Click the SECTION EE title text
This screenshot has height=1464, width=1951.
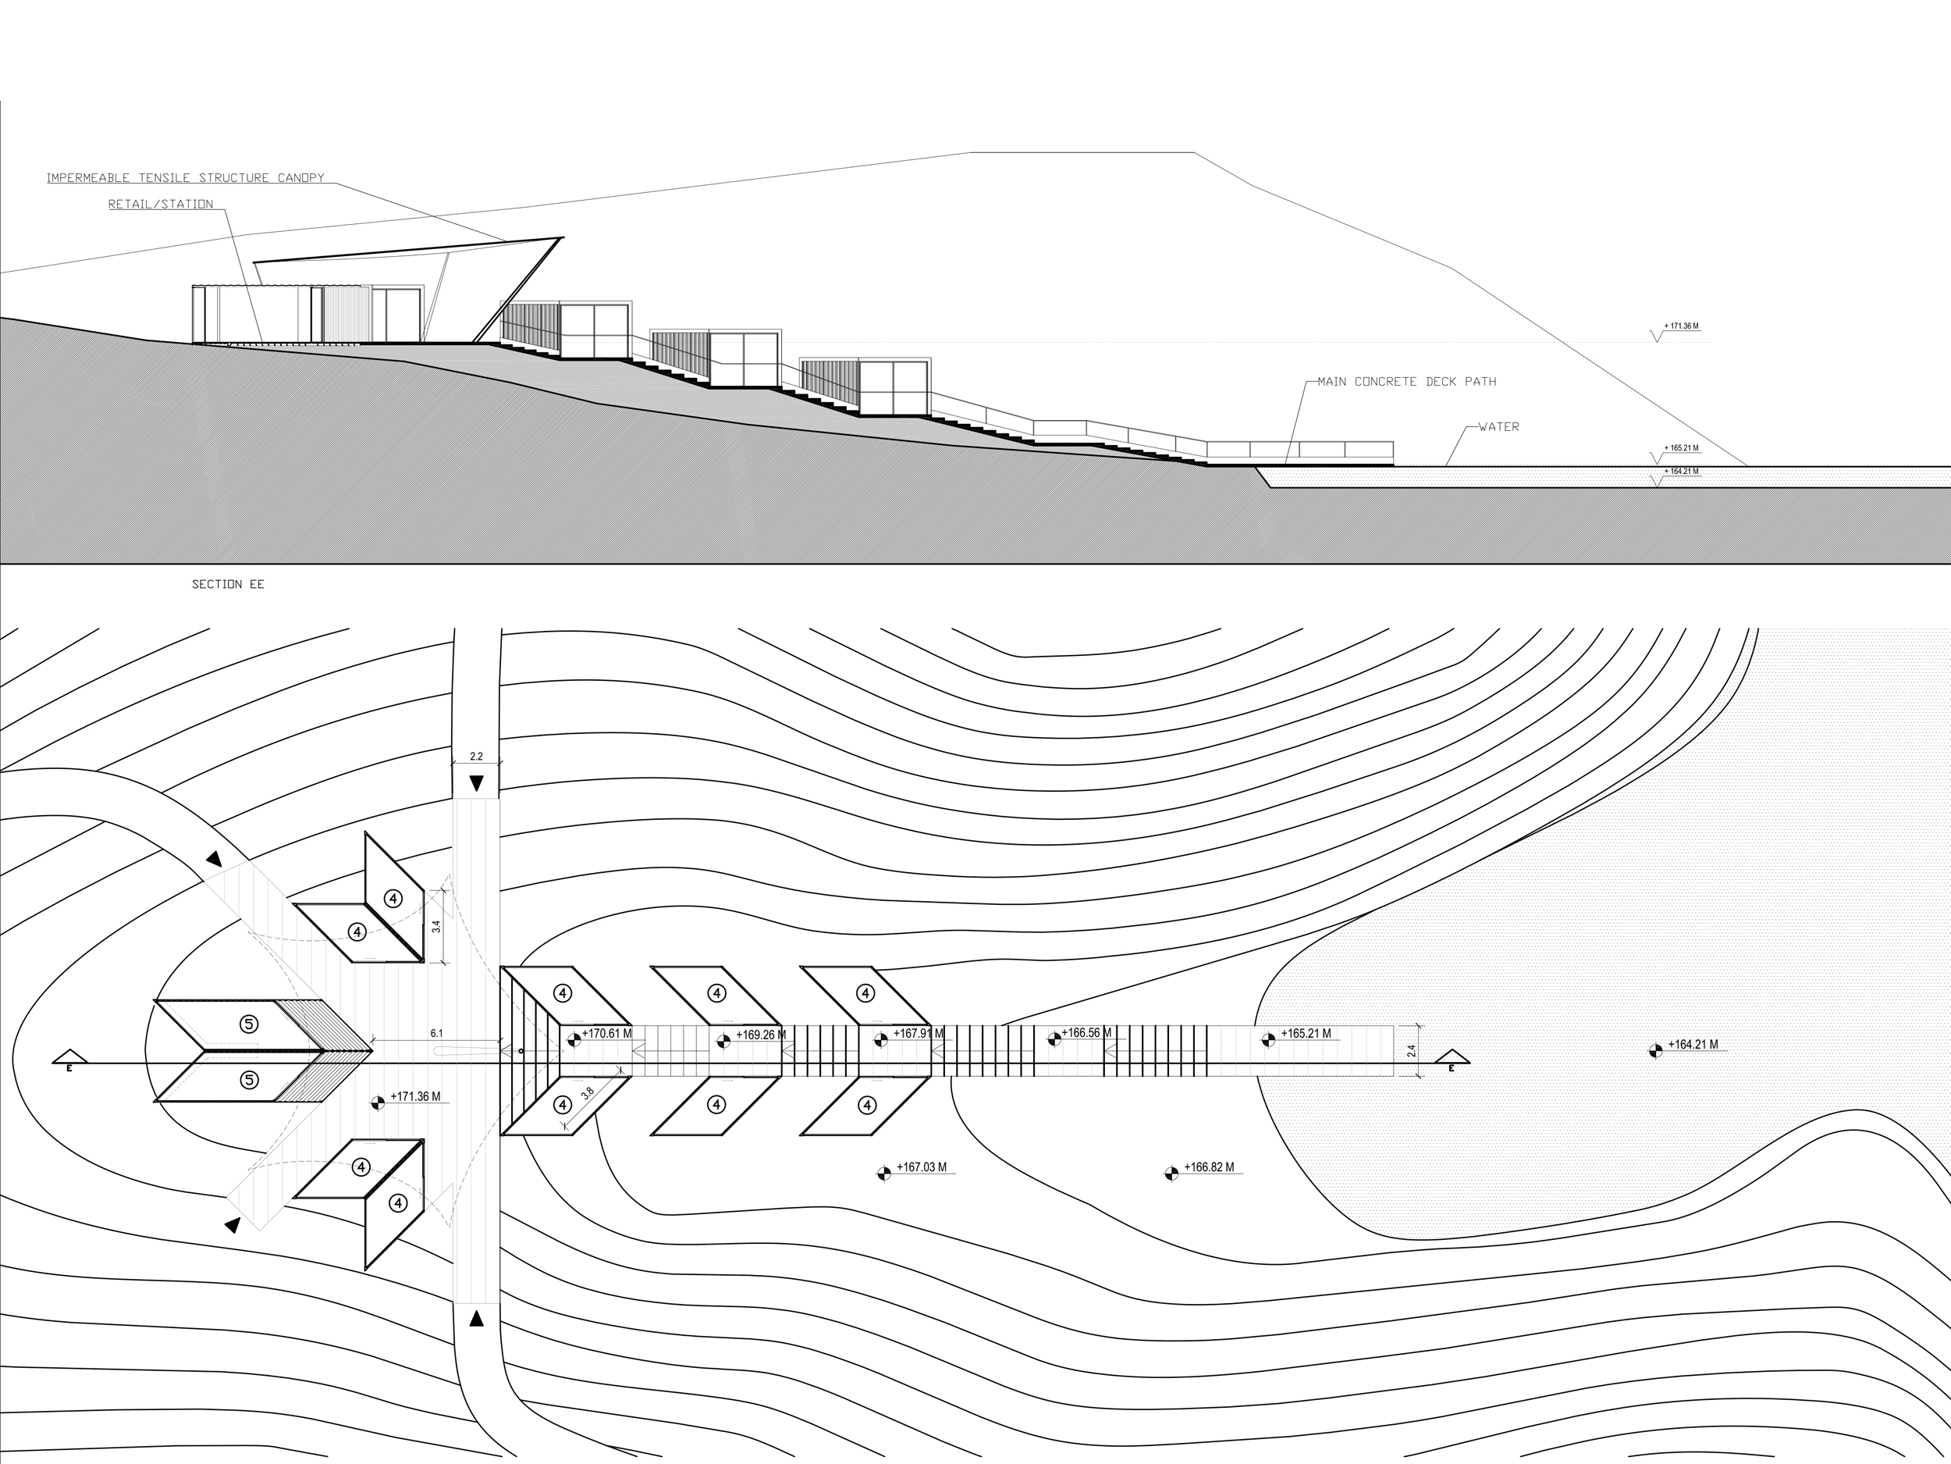[x=228, y=584]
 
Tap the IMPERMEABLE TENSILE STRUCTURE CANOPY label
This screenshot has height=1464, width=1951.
[x=185, y=178]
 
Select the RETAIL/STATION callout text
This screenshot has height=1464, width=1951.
[x=161, y=205]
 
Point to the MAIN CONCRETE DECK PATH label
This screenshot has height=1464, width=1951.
[x=1407, y=382]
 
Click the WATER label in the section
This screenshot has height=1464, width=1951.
[x=1498, y=427]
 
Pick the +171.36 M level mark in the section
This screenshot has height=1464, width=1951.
[x=1681, y=326]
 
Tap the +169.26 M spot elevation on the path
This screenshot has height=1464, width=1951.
[x=760, y=1035]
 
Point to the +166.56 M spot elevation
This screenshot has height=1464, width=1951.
[x=1086, y=1032]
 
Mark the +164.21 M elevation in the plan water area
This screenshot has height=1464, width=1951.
[x=1693, y=1045]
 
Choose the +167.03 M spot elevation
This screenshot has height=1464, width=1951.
[x=921, y=1167]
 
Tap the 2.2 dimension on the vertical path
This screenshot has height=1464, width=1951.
[x=476, y=757]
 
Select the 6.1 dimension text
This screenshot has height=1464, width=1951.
[x=436, y=1033]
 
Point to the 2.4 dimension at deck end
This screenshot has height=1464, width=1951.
[x=1411, y=1051]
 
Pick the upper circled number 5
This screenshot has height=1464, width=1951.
[x=250, y=1024]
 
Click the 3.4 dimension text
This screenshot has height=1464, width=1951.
[x=435, y=927]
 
